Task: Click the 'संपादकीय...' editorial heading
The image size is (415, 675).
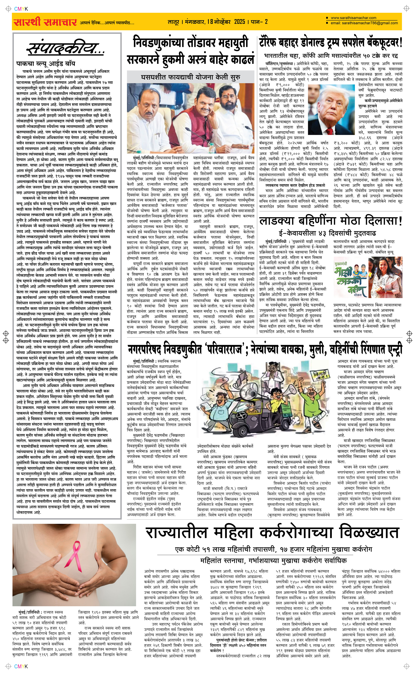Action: pyautogui.click(x=66, y=49)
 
